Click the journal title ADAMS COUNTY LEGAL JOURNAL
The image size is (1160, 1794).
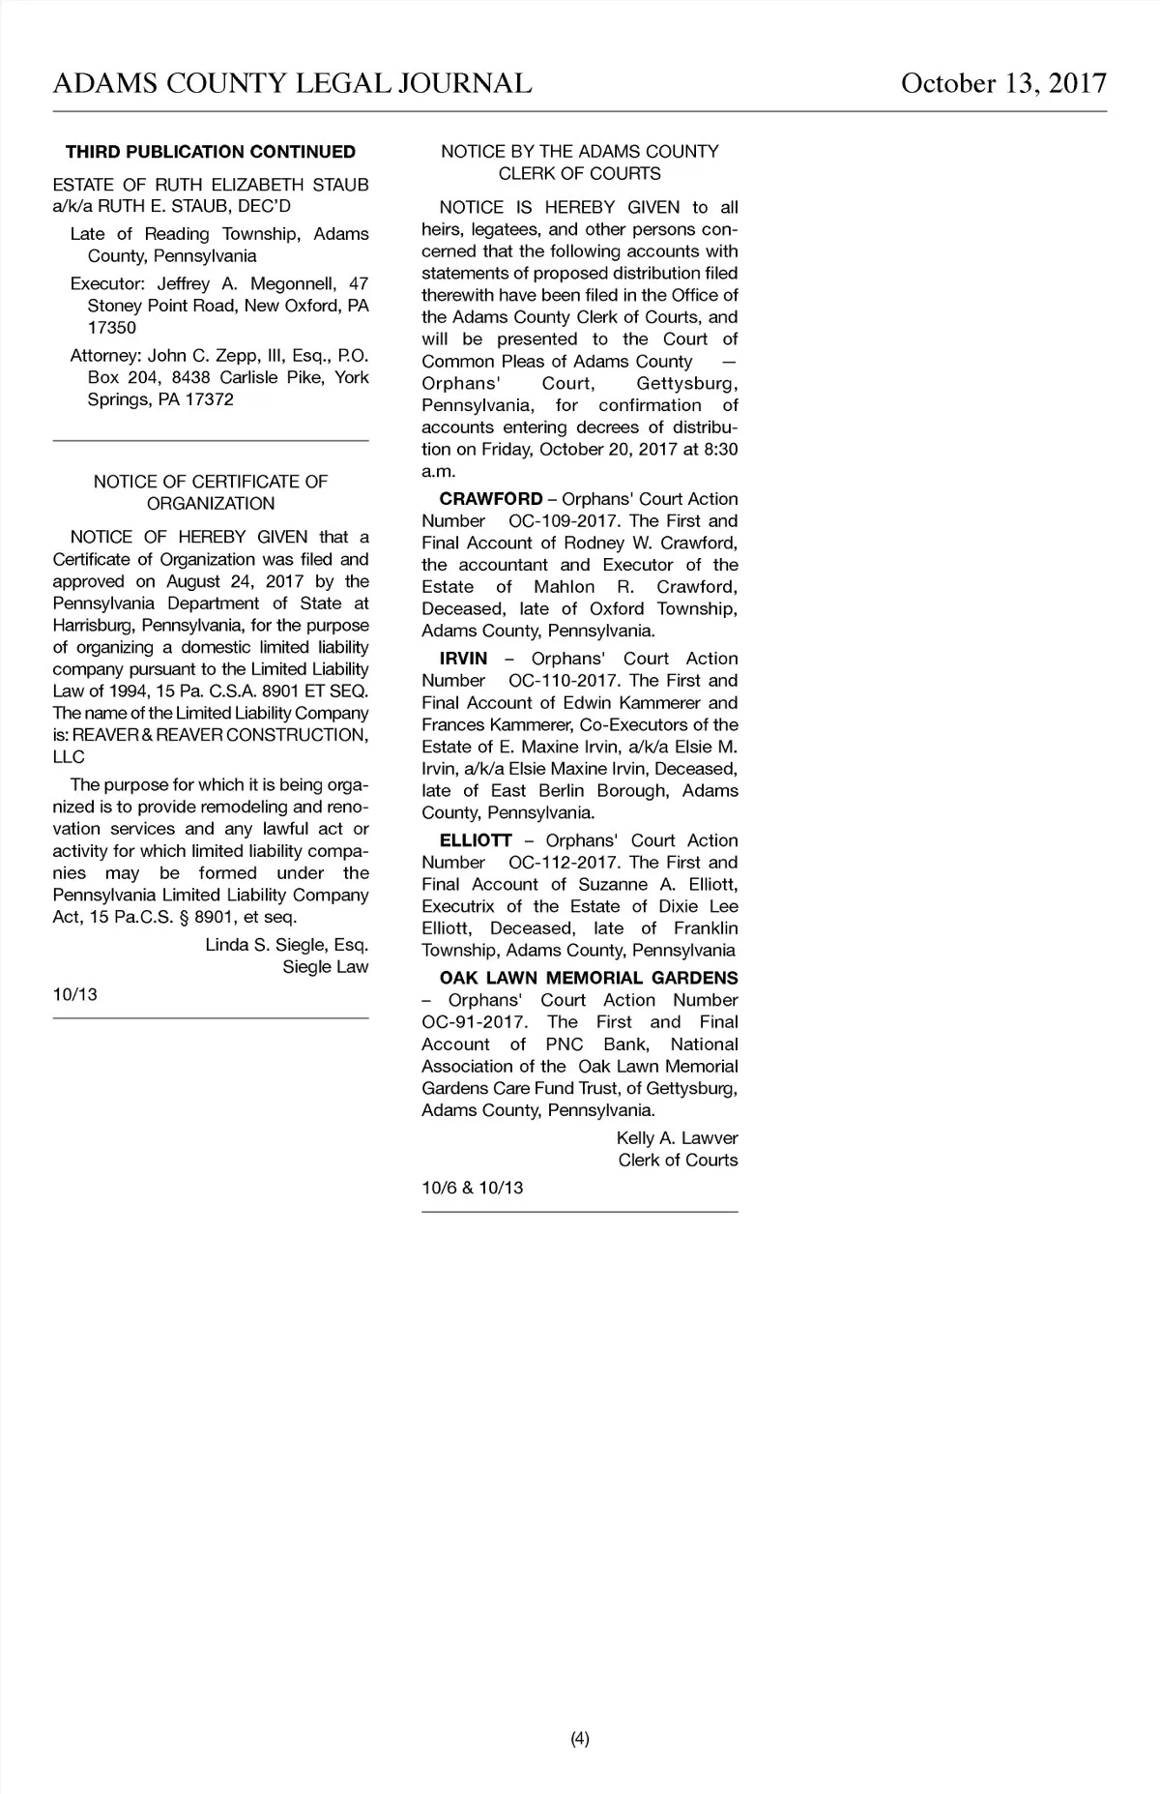(x=292, y=84)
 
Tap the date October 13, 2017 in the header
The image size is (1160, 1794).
(x=1003, y=84)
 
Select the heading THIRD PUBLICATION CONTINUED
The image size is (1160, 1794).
(x=211, y=152)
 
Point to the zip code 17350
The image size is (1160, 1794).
(x=112, y=328)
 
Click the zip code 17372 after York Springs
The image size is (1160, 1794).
(x=209, y=399)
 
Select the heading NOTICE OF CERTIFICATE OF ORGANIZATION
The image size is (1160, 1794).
(x=211, y=492)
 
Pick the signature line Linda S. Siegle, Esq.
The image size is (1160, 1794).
(x=287, y=945)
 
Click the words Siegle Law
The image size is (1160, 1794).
(x=325, y=967)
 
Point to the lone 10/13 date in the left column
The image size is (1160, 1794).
(x=74, y=994)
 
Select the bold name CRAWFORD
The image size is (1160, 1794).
(x=491, y=499)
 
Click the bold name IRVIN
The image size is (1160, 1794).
(x=463, y=659)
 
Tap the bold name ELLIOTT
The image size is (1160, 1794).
(x=475, y=840)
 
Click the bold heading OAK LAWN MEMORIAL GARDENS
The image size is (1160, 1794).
(x=588, y=978)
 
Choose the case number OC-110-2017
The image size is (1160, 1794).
(x=562, y=681)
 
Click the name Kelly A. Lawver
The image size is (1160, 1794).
(x=677, y=1138)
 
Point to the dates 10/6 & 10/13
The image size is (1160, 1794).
(x=473, y=1188)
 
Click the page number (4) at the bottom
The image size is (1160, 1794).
(x=579, y=1739)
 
